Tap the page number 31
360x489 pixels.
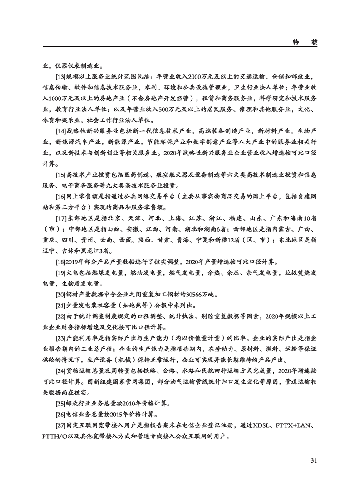pyautogui.click(x=313, y=461)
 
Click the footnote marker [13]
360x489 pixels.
pyautogui.click(x=60, y=77)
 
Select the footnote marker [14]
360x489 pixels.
pyautogui.click(x=60, y=132)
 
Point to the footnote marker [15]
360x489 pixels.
pyautogui.click(x=60, y=175)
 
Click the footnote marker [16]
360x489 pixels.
pyautogui.click(x=60, y=197)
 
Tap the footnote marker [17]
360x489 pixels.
pyautogui.click(x=60, y=218)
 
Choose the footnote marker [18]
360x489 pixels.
pyautogui.click(x=60, y=262)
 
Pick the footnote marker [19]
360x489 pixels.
pyautogui.click(x=60, y=273)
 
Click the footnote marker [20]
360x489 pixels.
pyautogui.click(x=60, y=295)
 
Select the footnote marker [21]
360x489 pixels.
pyautogui.click(x=60, y=306)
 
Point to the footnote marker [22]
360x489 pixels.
pyautogui.click(x=60, y=317)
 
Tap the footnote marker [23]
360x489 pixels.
pyautogui.click(x=60, y=339)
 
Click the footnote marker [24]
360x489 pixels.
pyautogui.click(x=60, y=371)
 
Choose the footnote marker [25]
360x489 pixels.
pyautogui.click(x=60, y=404)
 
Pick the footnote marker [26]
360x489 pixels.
pyautogui.click(x=60, y=415)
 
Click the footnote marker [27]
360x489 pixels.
pyautogui.click(x=60, y=426)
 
